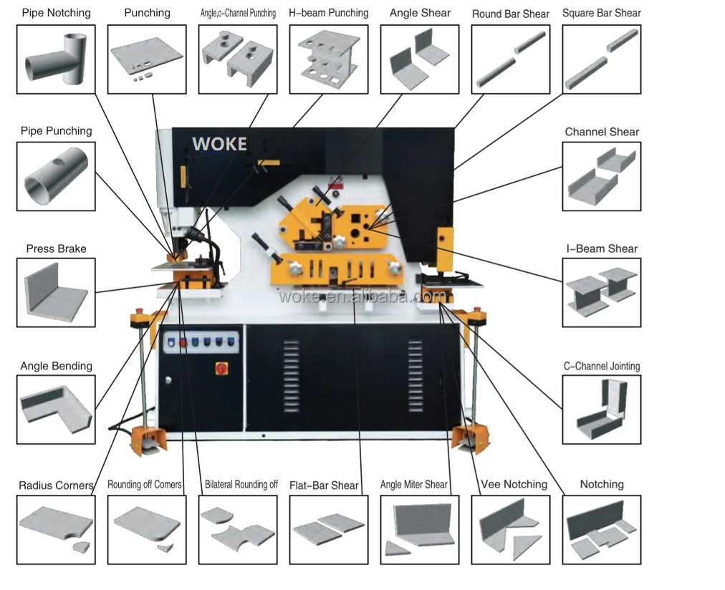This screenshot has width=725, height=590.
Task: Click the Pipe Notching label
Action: coord(56,13)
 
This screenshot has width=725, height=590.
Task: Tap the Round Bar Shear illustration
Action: coord(510,59)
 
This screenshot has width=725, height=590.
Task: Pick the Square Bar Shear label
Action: coord(602,13)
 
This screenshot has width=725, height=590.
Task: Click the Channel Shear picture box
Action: coord(602,175)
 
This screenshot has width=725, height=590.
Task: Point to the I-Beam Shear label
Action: coord(602,248)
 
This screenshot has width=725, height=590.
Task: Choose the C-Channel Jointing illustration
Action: coord(602,409)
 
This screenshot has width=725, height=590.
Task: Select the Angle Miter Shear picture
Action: coord(419,529)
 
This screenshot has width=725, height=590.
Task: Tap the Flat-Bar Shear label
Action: coord(324,485)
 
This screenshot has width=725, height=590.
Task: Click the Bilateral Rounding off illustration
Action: coord(237,529)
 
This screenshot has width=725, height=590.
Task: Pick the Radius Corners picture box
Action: coord(55,529)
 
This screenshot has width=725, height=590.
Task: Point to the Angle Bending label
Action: coord(56,366)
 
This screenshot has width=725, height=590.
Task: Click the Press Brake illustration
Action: coord(55,292)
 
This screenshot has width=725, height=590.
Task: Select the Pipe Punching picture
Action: coord(55,175)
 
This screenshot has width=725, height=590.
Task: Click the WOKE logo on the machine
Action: coord(219,144)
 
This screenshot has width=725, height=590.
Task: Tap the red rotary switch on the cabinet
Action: coord(221,368)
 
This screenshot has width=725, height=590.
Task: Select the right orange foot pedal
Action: coord(471,436)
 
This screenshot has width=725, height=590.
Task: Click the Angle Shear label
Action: coord(420,13)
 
